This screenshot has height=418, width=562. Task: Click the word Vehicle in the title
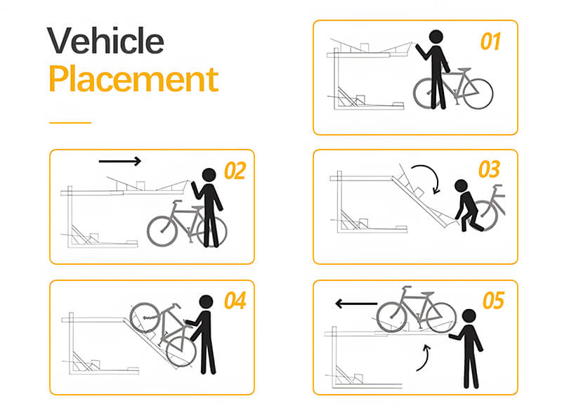105,41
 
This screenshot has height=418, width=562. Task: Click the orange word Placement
133,78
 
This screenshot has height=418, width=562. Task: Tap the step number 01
490,41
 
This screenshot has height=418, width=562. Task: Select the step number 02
235,171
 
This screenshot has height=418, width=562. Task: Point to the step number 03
489,169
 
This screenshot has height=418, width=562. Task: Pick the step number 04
235,301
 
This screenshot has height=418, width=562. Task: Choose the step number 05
494,301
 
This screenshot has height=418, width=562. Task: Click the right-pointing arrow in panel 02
119,162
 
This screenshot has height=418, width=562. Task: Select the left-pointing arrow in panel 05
356,304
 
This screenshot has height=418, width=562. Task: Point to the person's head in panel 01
436,37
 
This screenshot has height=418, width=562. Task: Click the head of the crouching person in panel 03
461,186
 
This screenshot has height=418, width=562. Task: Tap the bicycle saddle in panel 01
464,70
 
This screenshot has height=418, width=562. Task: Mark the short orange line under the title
70,123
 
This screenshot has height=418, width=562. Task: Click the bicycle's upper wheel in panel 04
145,318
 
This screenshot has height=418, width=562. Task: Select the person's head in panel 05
469,316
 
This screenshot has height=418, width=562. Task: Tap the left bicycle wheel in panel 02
162,231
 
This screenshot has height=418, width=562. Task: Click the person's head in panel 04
206,302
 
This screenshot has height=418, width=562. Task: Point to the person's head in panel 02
209,175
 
